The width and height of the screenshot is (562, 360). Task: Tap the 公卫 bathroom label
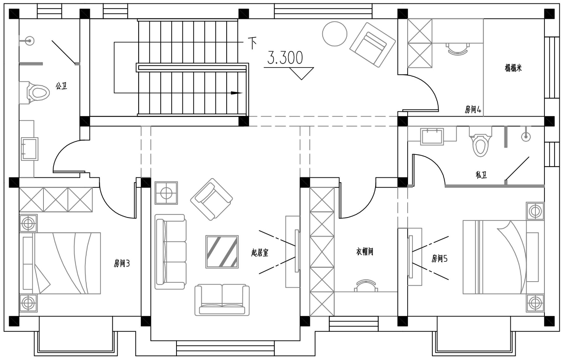point(61,86)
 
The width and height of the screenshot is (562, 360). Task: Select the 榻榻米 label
point(513,68)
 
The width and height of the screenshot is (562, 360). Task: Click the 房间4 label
point(473,109)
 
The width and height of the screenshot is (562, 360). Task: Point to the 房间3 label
point(122,263)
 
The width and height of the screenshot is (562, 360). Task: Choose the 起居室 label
point(260,252)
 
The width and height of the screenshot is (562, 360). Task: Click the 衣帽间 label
point(365,252)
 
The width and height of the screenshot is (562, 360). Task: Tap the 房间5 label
point(439,258)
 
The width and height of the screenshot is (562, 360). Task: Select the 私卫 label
point(481,175)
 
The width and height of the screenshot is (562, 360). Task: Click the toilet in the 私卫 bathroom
point(480,141)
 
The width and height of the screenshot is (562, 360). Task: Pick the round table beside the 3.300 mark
point(335,34)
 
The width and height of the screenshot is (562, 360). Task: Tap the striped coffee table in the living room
point(222,252)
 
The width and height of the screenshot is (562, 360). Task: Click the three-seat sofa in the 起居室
point(170,252)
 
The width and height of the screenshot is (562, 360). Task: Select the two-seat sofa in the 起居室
point(222,300)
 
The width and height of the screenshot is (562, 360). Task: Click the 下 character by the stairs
point(252,43)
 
